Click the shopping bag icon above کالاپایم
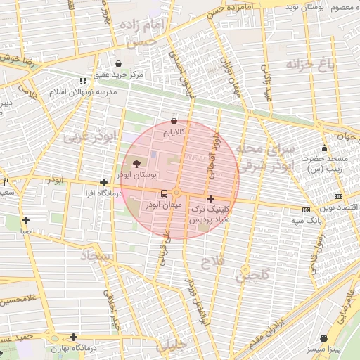[x=174, y=120]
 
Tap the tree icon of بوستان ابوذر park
[x=136, y=163]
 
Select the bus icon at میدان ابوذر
[x=164, y=193]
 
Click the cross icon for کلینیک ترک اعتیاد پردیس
[x=210, y=198]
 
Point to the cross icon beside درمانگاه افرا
[x=103, y=181]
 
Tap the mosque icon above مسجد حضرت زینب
[x=324, y=148]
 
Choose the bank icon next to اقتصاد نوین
[x=339, y=196]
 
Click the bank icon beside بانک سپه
[x=306, y=210]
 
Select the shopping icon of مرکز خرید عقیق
[x=117, y=63]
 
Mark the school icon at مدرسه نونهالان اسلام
[x=84, y=81]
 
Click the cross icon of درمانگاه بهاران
[x=73, y=337]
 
